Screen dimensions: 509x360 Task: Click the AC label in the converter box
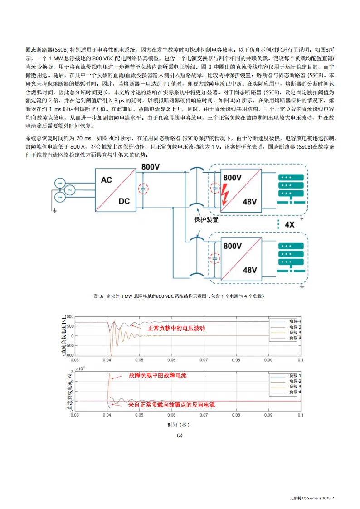point(106,180)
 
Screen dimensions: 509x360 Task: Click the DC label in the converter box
point(124,200)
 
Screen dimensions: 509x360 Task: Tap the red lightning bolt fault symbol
point(225,195)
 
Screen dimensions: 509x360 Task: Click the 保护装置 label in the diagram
point(206,220)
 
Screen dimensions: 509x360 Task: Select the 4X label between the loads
point(289,224)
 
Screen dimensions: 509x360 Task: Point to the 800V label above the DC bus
point(150,167)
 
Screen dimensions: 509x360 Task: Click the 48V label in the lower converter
point(250,270)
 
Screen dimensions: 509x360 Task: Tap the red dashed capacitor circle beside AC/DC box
point(143,189)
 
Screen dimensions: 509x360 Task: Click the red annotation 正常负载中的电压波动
point(176,328)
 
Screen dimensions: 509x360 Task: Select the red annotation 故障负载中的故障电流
point(157,376)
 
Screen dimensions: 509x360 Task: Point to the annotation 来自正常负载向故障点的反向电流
point(171,404)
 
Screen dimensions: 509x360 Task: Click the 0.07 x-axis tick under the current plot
point(204,415)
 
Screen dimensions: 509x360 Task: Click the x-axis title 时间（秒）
point(178,425)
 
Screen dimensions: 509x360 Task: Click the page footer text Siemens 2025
point(313,499)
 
